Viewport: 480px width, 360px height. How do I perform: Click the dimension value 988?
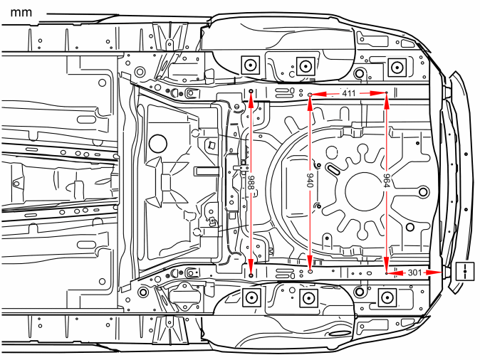coord(251,183)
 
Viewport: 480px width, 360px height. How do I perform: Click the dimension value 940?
coord(310,181)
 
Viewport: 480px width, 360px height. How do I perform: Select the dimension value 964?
coord(386,181)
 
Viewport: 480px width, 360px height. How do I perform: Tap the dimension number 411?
coord(349,93)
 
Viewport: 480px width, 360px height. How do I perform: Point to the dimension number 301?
coord(414,272)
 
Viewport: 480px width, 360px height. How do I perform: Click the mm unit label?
coord(21,13)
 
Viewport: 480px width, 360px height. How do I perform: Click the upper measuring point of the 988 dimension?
coord(251,91)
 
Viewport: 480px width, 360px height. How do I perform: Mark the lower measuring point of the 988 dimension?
coord(251,275)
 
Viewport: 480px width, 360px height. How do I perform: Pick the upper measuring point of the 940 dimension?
coord(310,95)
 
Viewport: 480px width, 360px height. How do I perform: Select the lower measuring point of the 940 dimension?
coord(310,271)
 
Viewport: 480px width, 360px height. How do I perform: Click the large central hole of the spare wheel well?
coord(365,191)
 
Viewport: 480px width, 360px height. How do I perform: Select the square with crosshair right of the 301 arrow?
coord(465,271)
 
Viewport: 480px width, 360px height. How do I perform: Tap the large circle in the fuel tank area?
coord(158,144)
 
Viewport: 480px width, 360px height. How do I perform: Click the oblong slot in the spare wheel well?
coord(333,169)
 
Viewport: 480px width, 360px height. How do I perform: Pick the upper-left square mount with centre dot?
coord(251,65)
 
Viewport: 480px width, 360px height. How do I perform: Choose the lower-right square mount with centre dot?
coord(387,297)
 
